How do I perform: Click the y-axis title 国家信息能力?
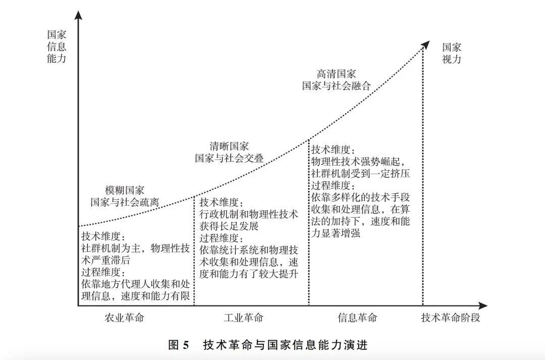pyautogui.click(x=57, y=46)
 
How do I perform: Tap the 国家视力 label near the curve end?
pyautogui.click(x=452, y=53)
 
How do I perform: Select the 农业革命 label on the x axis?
pyautogui.click(x=124, y=318)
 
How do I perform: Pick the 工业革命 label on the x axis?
pyautogui.click(x=243, y=318)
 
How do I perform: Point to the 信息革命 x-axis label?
pyautogui.click(x=357, y=318)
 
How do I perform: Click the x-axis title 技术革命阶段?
pyautogui.click(x=451, y=318)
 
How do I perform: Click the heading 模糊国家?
pyautogui.click(x=125, y=190)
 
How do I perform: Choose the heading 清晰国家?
pyautogui.click(x=229, y=146)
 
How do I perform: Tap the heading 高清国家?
pyautogui.click(x=336, y=74)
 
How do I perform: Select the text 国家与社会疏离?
pyautogui.click(x=125, y=202)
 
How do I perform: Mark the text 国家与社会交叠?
pyautogui.click(x=229, y=158)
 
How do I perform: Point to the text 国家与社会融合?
pyautogui.click(x=336, y=85)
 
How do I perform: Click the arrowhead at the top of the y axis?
pyautogui.click(x=79, y=15)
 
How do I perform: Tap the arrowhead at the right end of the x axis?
pyautogui.click(x=482, y=306)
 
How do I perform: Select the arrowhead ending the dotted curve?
pyautogui.click(x=425, y=44)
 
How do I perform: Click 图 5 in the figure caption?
pyautogui.click(x=178, y=345)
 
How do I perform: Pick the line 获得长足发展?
pyautogui.click(x=229, y=226)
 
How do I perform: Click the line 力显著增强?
pyautogui.click(x=336, y=233)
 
